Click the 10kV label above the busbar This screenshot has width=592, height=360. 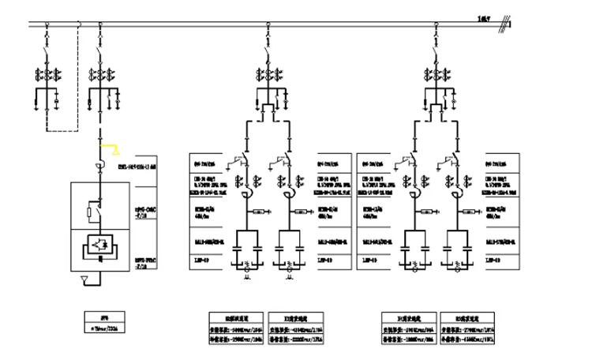coord(484,17)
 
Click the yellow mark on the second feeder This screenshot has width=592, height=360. coord(114,148)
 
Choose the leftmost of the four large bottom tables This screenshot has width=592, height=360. coord(233,324)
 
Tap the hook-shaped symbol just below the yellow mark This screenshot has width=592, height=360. coord(100,164)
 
